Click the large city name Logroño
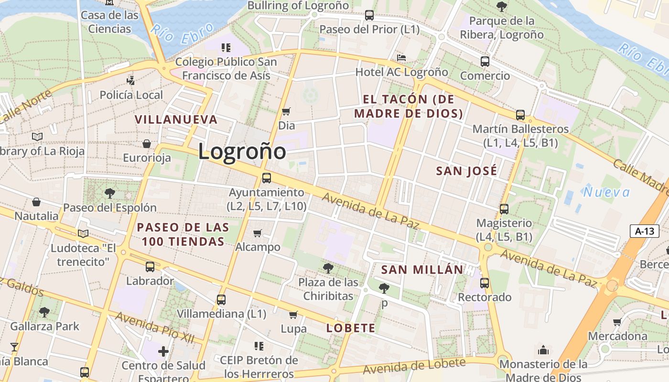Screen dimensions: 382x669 tap(242, 151)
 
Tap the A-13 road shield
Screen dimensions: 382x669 tap(644, 232)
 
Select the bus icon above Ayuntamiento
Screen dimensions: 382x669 tap(267, 178)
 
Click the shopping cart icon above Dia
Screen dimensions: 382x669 tap(286, 111)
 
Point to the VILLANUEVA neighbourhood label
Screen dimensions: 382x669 tap(176, 119)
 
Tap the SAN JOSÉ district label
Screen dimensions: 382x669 tap(466, 171)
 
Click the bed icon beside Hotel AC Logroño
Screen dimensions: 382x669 tap(401, 58)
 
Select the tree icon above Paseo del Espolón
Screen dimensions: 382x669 tap(110, 193)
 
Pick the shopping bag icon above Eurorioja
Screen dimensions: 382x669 tap(147, 143)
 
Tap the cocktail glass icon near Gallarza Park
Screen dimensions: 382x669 tap(14, 347)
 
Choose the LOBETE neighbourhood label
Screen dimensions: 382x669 tap(351, 328)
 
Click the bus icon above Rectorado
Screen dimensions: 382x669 tap(485, 283)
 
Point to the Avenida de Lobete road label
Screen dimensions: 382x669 tap(414, 366)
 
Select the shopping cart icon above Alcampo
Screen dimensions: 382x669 tap(258, 233)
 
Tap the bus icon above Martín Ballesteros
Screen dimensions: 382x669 tap(520, 115)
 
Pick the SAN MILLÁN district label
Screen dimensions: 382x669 tap(422, 269)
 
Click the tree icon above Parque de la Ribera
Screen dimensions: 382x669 tap(501, 7)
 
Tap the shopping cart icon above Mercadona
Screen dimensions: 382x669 tap(617, 322)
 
